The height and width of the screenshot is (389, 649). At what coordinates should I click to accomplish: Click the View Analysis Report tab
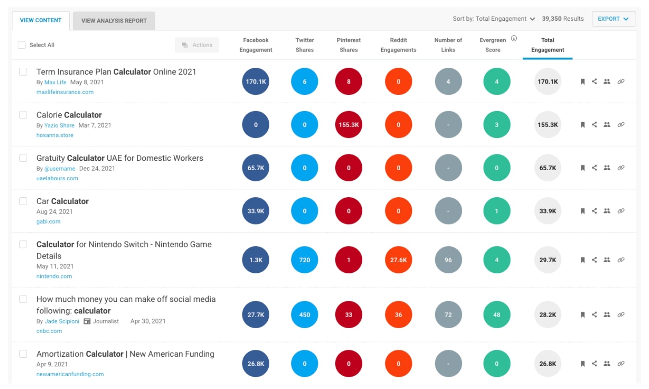tap(114, 21)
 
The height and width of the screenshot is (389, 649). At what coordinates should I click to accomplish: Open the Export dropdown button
tap(613, 19)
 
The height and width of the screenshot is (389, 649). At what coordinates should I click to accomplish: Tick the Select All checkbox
tap(22, 45)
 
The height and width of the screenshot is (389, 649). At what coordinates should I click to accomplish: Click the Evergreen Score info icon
tap(514, 39)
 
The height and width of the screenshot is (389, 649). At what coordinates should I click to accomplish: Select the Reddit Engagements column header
tap(398, 45)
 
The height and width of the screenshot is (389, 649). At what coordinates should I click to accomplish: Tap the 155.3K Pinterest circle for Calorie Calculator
tap(348, 124)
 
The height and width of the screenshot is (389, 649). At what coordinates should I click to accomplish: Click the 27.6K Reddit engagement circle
tap(398, 260)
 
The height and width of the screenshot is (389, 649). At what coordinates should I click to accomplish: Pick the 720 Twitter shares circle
tap(305, 260)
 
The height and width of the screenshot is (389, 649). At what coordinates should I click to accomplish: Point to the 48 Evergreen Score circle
tap(496, 315)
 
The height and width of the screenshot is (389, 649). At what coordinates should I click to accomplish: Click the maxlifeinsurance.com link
tap(65, 92)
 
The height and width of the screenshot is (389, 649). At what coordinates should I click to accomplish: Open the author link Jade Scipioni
tap(62, 321)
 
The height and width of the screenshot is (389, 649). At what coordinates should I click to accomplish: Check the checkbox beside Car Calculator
tap(23, 201)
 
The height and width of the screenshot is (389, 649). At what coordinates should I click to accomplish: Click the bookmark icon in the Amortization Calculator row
tap(583, 364)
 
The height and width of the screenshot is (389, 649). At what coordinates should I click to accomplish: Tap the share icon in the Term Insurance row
tap(595, 82)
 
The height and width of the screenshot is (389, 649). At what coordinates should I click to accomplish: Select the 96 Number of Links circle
tap(448, 260)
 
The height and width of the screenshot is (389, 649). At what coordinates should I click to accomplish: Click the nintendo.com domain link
tap(54, 277)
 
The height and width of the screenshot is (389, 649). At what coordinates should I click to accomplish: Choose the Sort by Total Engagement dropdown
tap(494, 19)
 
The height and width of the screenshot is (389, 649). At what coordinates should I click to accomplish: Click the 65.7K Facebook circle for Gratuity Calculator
tap(256, 168)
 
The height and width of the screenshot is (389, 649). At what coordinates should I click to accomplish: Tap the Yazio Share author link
tap(59, 125)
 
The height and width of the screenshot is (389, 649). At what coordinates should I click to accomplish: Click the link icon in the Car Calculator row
tap(621, 211)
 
